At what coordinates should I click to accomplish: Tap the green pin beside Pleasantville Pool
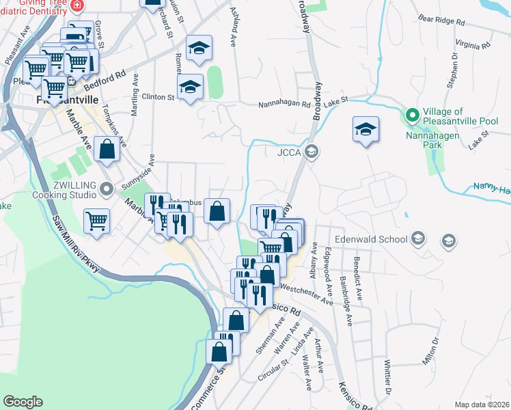pos(411,115)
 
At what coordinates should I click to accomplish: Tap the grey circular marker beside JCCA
pos(312,151)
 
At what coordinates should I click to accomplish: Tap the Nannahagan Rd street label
pos(285,105)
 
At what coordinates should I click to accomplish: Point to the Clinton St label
pos(158,97)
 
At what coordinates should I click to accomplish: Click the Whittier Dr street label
pos(387,375)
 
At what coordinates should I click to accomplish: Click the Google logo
pos(23,402)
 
